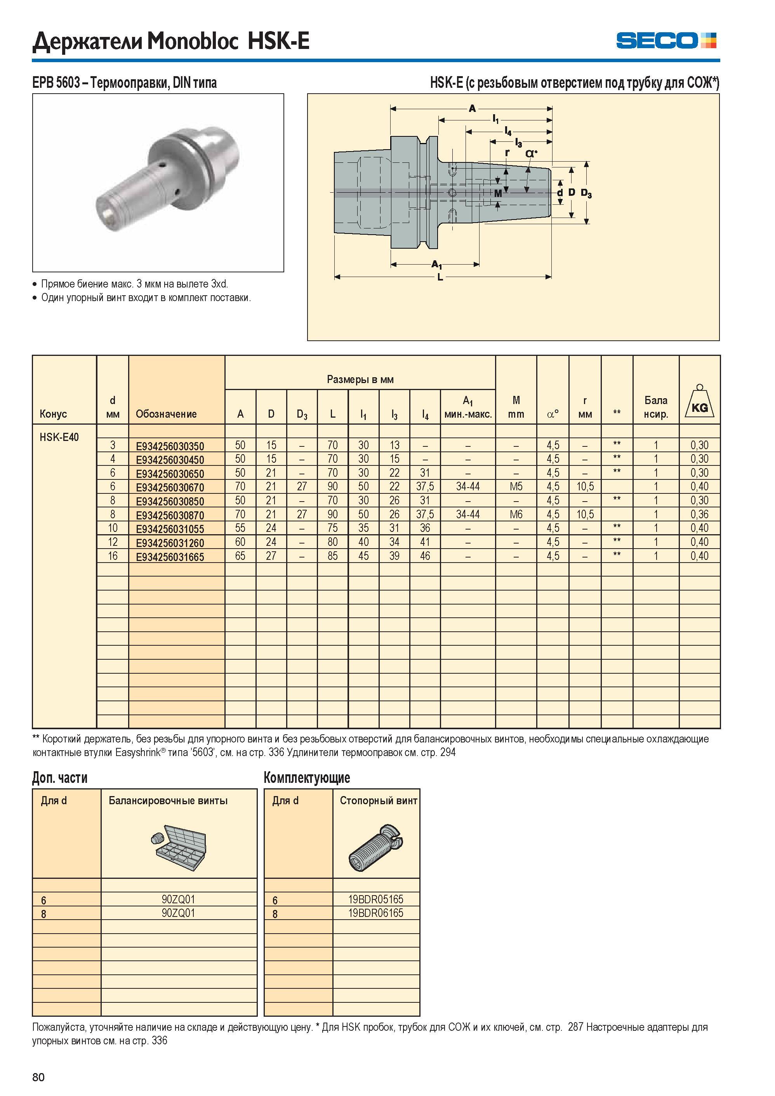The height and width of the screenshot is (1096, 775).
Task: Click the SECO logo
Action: point(666,40)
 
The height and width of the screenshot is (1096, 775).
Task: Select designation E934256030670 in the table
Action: point(170,488)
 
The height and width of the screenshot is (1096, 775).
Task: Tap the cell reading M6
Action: point(516,514)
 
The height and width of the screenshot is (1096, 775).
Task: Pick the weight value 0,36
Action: point(699,514)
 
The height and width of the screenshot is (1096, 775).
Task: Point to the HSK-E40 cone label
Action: point(59,437)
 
